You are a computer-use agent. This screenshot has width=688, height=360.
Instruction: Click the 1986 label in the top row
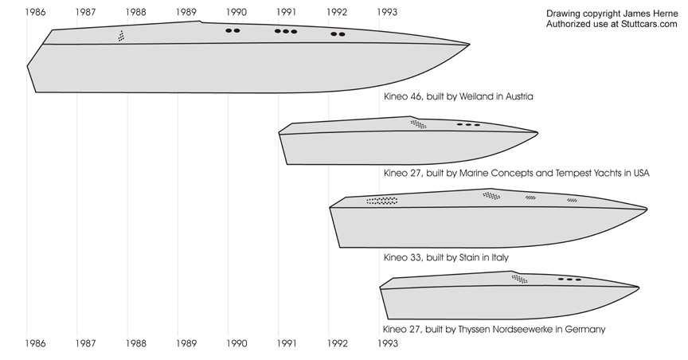[35, 12]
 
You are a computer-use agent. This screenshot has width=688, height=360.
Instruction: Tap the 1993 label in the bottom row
[388, 342]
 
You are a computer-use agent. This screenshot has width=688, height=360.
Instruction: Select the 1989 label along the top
[186, 12]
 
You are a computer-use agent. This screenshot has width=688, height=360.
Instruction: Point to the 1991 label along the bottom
[287, 342]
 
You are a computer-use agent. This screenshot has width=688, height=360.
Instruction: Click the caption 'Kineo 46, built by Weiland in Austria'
[459, 96]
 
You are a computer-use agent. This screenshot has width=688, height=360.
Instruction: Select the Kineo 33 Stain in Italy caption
[446, 257]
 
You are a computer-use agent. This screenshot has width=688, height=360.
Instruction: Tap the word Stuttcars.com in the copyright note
[649, 24]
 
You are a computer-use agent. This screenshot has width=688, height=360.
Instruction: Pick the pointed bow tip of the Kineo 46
[470, 45]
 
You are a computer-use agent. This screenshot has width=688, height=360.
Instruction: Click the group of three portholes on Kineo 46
[286, 31]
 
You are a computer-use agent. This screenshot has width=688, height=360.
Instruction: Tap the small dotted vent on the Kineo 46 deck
[121, 36]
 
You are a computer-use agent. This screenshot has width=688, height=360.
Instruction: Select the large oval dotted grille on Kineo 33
[381, 201]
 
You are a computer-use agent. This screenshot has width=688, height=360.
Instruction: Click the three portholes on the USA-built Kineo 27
[468, 125]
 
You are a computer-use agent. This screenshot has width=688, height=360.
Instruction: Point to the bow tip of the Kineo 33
[647, 209]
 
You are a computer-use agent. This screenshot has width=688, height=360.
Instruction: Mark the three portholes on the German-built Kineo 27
[569, 280]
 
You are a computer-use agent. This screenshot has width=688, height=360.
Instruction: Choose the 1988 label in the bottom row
[135, 342]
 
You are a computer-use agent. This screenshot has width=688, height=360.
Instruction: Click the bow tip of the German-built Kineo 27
[639, 288]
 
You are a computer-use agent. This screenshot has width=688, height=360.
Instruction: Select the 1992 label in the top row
[337, 12]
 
